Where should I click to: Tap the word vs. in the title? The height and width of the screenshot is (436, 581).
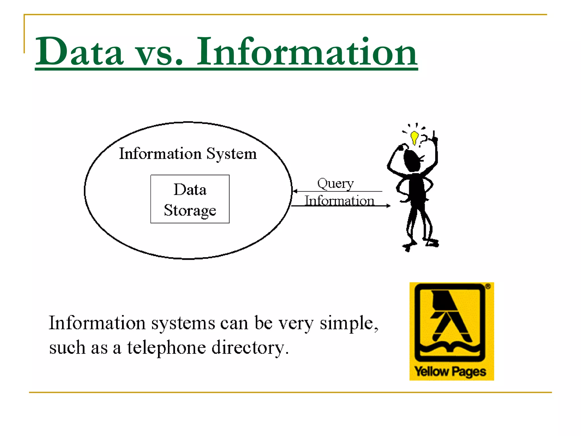(159, 54)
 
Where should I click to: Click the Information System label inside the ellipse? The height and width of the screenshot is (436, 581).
(188, 154)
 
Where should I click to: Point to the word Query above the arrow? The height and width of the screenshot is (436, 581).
(335, 184)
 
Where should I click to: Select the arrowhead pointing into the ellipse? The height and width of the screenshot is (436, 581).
(295, 191)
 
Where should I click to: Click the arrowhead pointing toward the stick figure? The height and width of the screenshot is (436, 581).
(388, 206)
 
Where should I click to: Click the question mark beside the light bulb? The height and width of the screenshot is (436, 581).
(424, 139)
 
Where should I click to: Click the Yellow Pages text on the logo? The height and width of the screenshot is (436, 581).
(450, 372)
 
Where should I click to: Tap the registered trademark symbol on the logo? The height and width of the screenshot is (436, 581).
(488, 286)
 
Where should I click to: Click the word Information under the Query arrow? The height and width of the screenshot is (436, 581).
(339, 201)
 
